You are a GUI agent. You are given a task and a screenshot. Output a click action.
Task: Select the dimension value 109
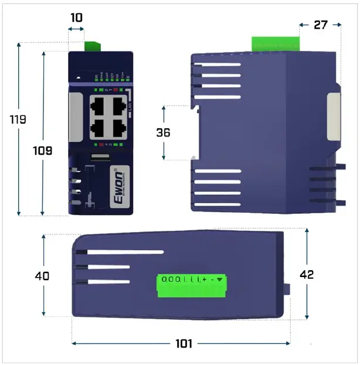(x=42, y=151)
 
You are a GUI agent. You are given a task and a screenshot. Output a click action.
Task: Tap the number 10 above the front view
(x=76, y=18)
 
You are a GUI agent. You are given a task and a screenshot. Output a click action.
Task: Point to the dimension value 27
(x=320, y=25)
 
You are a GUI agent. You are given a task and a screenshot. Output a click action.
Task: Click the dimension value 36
(x=163, y=133)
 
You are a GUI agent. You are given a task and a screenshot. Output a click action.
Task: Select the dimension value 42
(x=306, y=275)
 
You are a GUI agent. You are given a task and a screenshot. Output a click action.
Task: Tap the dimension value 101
(x=184, y=344)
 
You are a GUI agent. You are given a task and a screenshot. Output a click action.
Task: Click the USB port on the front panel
(x=100, y=157)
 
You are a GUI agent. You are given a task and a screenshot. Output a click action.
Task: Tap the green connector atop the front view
(x=93, y=46)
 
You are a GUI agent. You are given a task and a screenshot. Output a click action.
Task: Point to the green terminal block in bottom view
(x=192, y=285)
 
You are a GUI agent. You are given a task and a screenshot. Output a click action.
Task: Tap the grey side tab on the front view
(x=75, y=117)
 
